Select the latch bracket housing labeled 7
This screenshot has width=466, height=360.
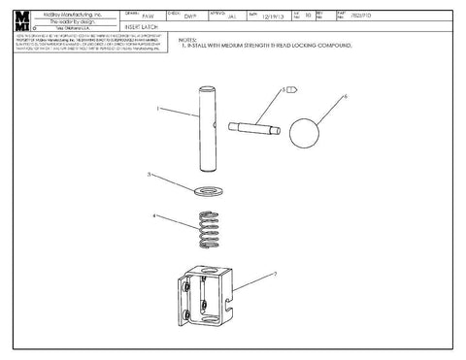207,294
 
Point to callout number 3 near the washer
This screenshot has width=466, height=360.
148,175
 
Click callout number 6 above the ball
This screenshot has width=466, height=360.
345,96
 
